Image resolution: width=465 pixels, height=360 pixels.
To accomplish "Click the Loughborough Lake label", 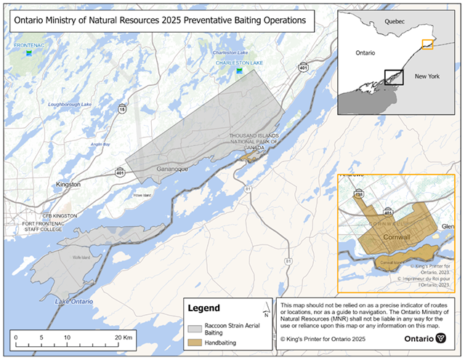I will (x=70, y=105).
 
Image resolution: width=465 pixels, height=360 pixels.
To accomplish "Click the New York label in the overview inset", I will (x=426, y=76).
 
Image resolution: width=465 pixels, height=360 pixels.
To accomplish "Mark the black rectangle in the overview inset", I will (x=393, y=78).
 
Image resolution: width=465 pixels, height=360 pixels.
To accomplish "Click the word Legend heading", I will (x=204, y=308).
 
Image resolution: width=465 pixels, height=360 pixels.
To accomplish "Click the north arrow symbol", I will (x=267, y=313).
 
